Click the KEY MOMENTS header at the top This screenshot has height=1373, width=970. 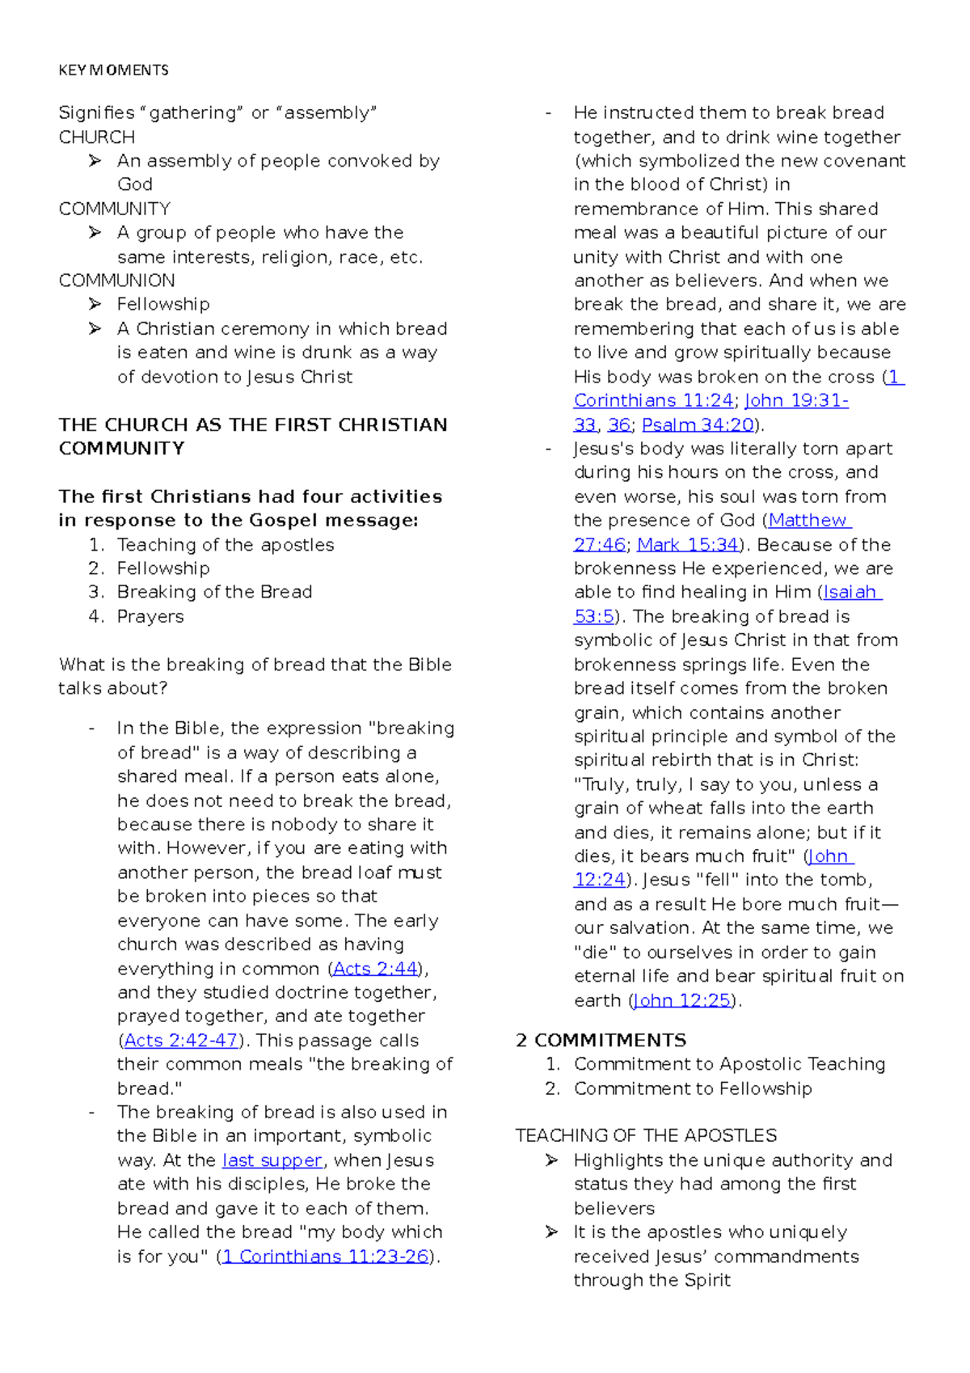[113, 70]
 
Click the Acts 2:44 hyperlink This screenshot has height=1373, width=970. [375, 969]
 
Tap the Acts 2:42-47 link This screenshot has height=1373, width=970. [180, 1041]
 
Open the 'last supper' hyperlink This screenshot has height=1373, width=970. [272, 1160]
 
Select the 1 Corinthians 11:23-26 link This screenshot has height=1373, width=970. [325, 1257]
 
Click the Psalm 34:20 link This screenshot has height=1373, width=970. [698, 425]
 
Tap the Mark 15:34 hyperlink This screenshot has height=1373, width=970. [688, 544]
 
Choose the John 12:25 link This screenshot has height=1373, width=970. [682, 1001]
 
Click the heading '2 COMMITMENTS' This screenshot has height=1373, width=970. [601, 1041]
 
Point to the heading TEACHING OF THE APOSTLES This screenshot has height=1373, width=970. [646, 1136]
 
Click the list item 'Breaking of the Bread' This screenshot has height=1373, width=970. [214, 592]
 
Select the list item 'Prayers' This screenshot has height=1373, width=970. [150, 616]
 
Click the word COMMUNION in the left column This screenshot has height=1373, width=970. [116, 281]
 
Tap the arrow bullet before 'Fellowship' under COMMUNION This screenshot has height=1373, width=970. [95, 305]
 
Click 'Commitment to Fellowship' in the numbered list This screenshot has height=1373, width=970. [693, 1088]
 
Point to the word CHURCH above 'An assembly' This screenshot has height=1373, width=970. [96, 137]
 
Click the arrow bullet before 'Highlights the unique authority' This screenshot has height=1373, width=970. [552, 1160]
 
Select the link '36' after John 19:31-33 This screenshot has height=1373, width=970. [618, 425]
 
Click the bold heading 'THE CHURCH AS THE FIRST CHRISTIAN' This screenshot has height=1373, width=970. [252, 425]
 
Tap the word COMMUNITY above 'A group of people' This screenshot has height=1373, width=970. [114, 209]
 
